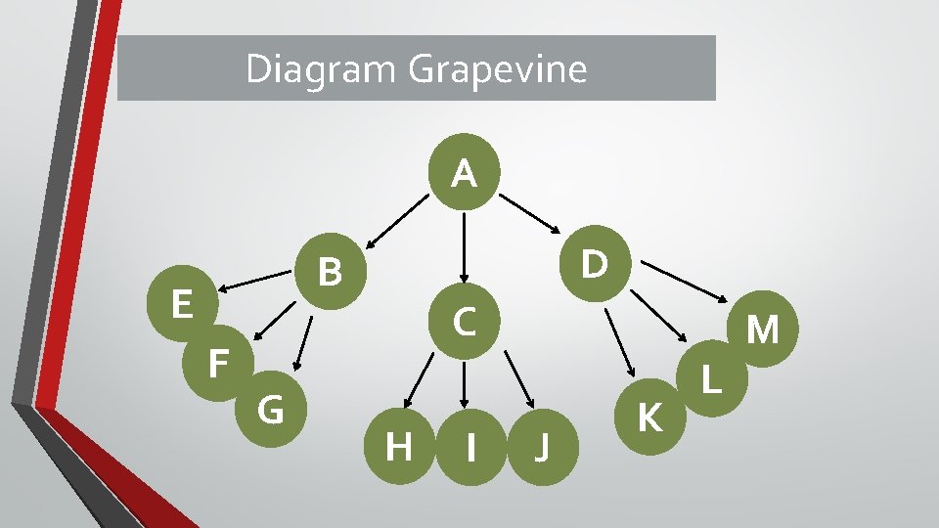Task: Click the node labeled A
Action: click(x=465, y=174)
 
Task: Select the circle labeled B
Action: click(x=332, y=273)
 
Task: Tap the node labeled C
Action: click(x=465, y=320)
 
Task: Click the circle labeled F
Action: click(x=219, y=363)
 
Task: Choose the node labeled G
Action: click(x=271, y=409)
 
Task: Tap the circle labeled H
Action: click(x=398, y=447)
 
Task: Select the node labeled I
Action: click(x=471, y=447)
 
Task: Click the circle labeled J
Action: click(x=542, y=447)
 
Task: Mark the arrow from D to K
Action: click(x=620, y=342)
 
